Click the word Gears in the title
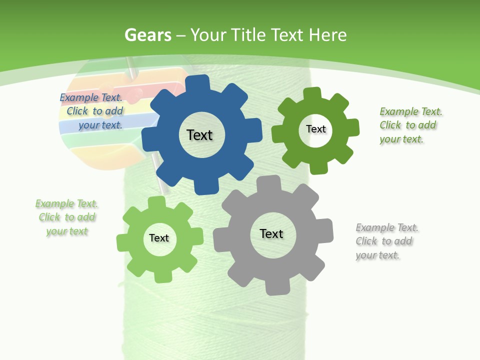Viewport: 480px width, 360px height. coord(147,35)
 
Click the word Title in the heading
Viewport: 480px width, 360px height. coord(248,35)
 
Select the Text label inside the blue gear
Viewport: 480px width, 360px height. coord(199,135)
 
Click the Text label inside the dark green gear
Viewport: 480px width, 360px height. coord(315,129)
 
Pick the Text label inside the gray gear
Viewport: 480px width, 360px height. coord(271,233)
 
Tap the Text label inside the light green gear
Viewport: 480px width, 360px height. coord(159,238)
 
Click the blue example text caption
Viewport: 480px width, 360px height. coord(92,111)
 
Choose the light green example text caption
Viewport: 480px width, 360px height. coord(67,217)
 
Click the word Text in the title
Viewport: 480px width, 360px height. coord(287,35)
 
